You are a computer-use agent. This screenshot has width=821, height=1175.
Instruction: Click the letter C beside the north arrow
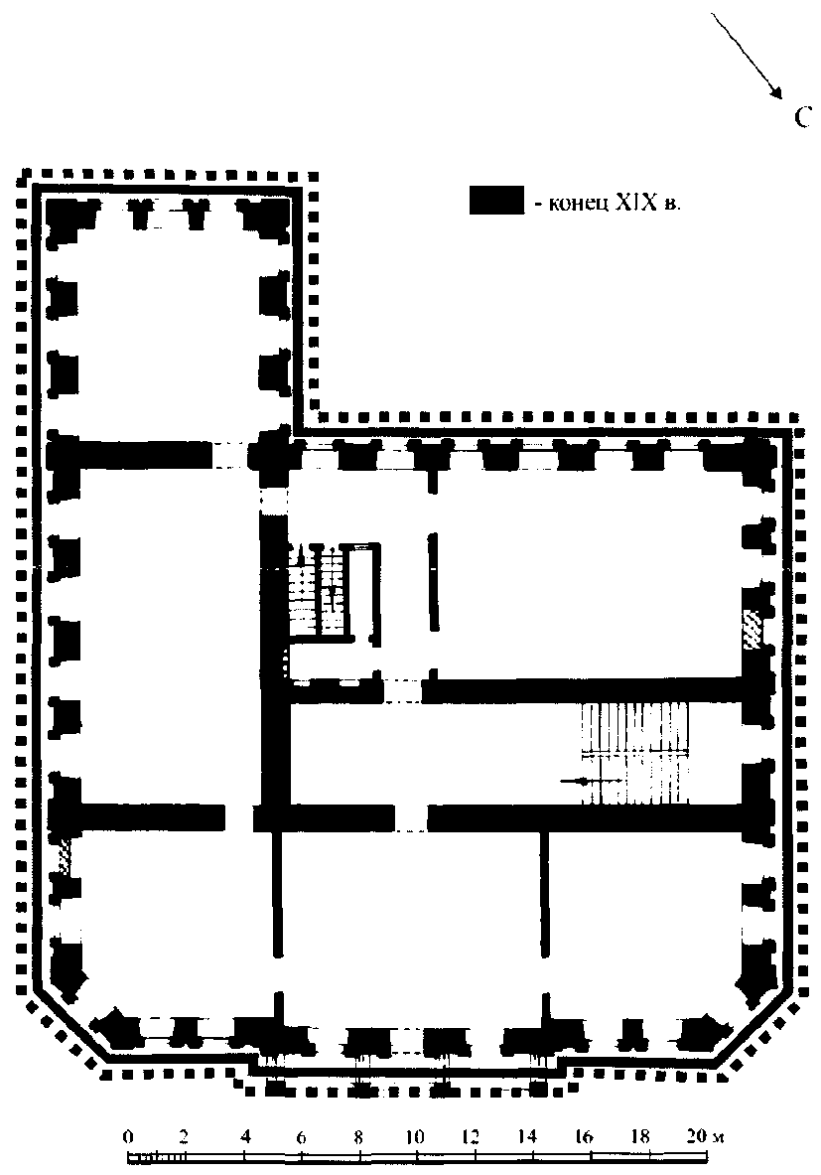pyautogui.click(x=802, y=117)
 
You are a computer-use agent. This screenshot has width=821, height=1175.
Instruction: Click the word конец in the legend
pyautogui.click(x=579, y=204)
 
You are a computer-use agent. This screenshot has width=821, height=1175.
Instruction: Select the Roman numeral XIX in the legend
pyautogui.click(x=635, y=203)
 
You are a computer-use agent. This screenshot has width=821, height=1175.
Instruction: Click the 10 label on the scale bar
pyautogui.click(x=414, y=1136)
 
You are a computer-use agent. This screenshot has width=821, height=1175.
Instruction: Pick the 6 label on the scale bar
pyautogui.click(x=301, y=1137)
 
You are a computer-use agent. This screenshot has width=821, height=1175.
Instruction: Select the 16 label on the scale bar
pyautogui.click(x=584, y=1136)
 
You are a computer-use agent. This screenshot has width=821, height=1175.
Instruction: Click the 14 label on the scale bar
pyautogui.click(x=527, y=1136)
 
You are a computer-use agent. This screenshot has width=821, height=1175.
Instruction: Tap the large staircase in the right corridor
pyautogui.click(x=635, y=753)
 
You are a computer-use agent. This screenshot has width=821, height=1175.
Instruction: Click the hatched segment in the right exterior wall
pyautogui.click(x=750, y=628)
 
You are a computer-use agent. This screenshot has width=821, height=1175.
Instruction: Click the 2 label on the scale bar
pyautogui.click(x=185, y=1136)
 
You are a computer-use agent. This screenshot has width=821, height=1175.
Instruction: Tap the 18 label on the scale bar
pyautogui.click(x=639, y=1136)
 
